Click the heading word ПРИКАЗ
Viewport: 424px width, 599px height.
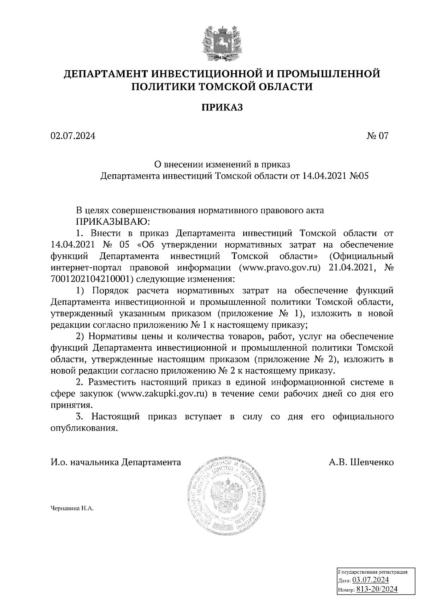tap(222, 107)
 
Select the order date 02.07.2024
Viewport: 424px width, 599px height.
tap(73, 136)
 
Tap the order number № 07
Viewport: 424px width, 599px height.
tap(377, 136)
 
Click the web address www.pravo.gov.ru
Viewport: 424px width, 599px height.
tap(279, 268)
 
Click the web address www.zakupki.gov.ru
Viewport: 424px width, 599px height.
tap(164, 394)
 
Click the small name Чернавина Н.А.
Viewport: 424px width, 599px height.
tap(72, 509)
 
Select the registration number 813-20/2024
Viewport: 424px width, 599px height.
tap(377, 589)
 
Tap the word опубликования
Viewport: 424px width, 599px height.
tap(83, 428)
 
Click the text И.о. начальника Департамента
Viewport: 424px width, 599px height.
tap(116, 462)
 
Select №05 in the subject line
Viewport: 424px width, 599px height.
tap(358, 176)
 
